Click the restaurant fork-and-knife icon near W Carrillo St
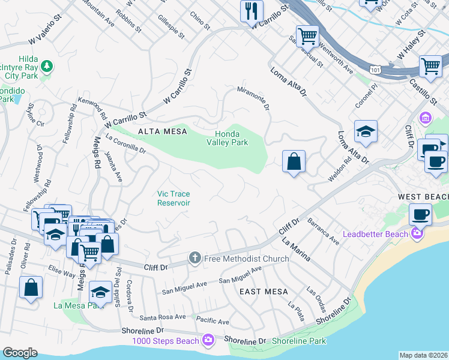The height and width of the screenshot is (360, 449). click(x=252, y=11)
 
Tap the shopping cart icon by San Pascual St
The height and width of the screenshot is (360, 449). click(x=307, y=36)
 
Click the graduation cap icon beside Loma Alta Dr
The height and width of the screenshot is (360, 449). click(x=365, y=130)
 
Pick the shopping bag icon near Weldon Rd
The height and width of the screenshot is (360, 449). click(x=294, y=161)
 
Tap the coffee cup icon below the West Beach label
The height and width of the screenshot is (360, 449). click(x=420, y=214)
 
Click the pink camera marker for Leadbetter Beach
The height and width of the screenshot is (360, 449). click(x=417, y=233)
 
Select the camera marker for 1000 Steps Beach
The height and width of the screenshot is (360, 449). click(x=208, y=340)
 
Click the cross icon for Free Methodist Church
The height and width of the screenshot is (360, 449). click(x=194, y=258)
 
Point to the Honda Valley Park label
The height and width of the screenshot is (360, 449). click(x=228, y=139)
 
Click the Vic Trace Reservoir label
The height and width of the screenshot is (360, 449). click(x=174, y=198)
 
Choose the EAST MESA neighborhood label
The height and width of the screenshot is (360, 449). click(x=261, y=292)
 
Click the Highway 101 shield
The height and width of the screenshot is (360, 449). click(x=375, y=70)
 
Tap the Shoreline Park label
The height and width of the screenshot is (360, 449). click(x=298, y=341)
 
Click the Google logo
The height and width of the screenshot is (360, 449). click(x=20, y=353)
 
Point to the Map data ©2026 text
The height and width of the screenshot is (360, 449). click(x=423, y=355)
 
